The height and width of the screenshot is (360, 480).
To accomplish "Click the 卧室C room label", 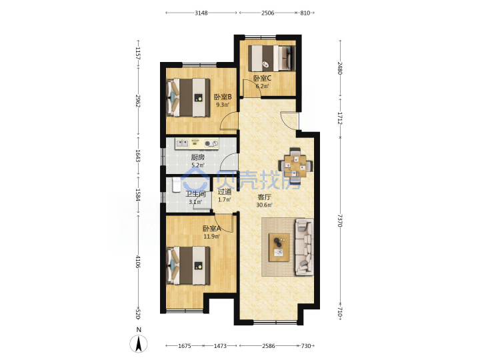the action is tap(262, 78).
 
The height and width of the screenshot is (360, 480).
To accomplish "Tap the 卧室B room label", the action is tap(223, 97).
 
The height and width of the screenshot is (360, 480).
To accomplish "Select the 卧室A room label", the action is tap(211, 229).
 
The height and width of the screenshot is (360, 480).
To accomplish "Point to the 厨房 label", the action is tap(198, 157).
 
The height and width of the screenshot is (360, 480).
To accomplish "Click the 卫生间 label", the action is tap(195, 194).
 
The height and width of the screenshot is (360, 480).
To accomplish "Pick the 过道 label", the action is tap(225, 192).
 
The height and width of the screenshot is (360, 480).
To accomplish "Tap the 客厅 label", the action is tap(264, 197).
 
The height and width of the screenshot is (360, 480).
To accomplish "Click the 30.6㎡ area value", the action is tap(264, 205).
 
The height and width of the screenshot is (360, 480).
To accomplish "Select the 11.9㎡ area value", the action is tap(211, 236).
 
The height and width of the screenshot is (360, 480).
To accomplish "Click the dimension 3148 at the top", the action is tap(201, 13).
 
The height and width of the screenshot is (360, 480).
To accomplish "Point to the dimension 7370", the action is tap(340, 220).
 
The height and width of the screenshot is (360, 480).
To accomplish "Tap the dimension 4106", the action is tap(138, 261).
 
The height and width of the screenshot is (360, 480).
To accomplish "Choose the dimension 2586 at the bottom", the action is tap(269, 346).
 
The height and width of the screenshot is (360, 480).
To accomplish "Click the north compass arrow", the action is tap(139, 344).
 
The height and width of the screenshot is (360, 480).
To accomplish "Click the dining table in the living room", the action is tap(295, 166).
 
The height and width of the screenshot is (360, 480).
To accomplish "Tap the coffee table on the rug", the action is tap(279, 247).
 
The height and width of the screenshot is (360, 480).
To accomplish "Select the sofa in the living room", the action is tap(304, 247).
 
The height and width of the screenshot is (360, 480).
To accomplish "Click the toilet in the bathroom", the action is tap(177, 185).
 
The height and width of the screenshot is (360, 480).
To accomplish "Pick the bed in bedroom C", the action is tap(271, 58).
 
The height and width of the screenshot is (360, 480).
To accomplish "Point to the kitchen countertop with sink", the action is tap(197, 143).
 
